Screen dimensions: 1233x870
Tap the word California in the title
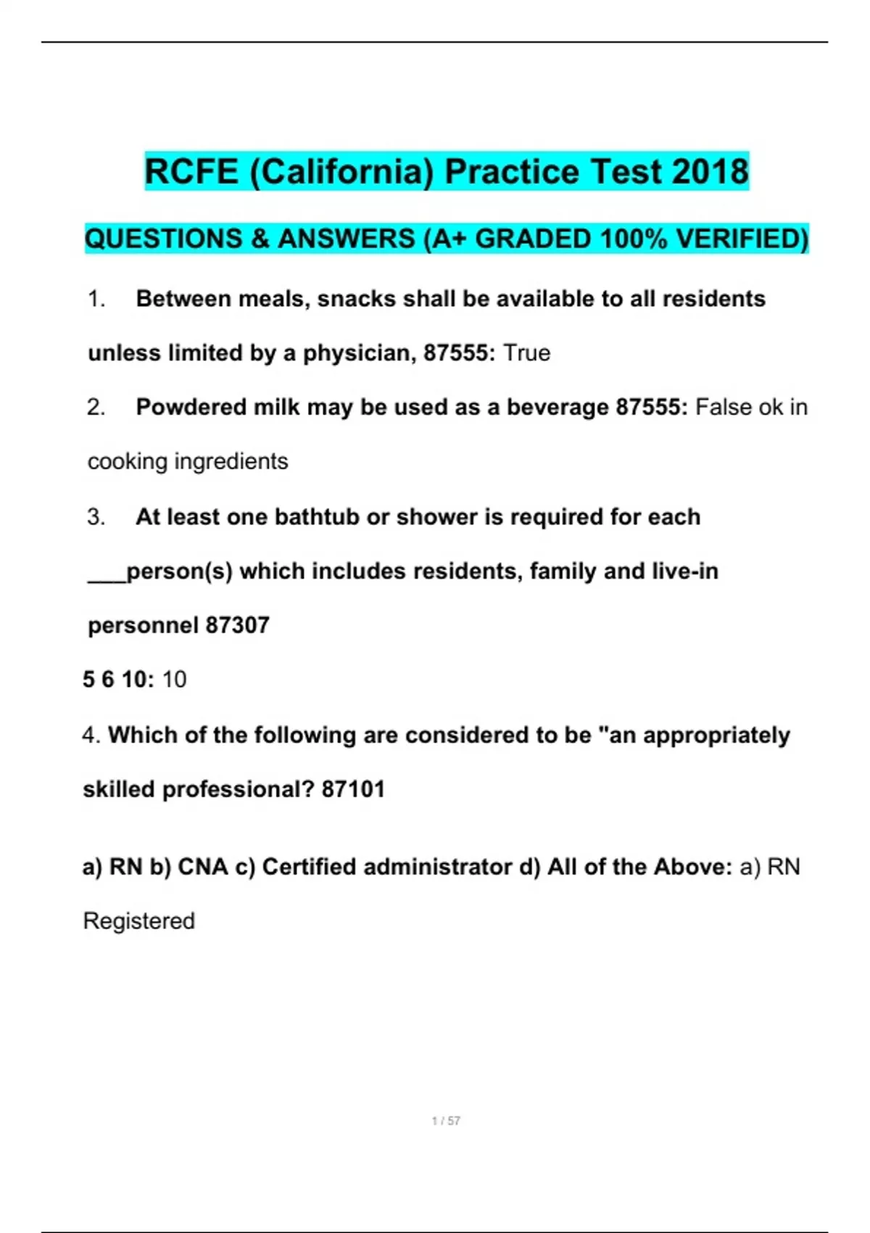[341, 172]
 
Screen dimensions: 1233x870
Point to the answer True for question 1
[527, 353]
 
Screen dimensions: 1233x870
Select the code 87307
[237, 625]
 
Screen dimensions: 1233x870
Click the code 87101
[353, 789]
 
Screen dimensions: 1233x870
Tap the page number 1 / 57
[446, 1121]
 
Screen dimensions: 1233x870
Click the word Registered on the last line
[139, 921]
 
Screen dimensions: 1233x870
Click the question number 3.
[96, 517]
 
